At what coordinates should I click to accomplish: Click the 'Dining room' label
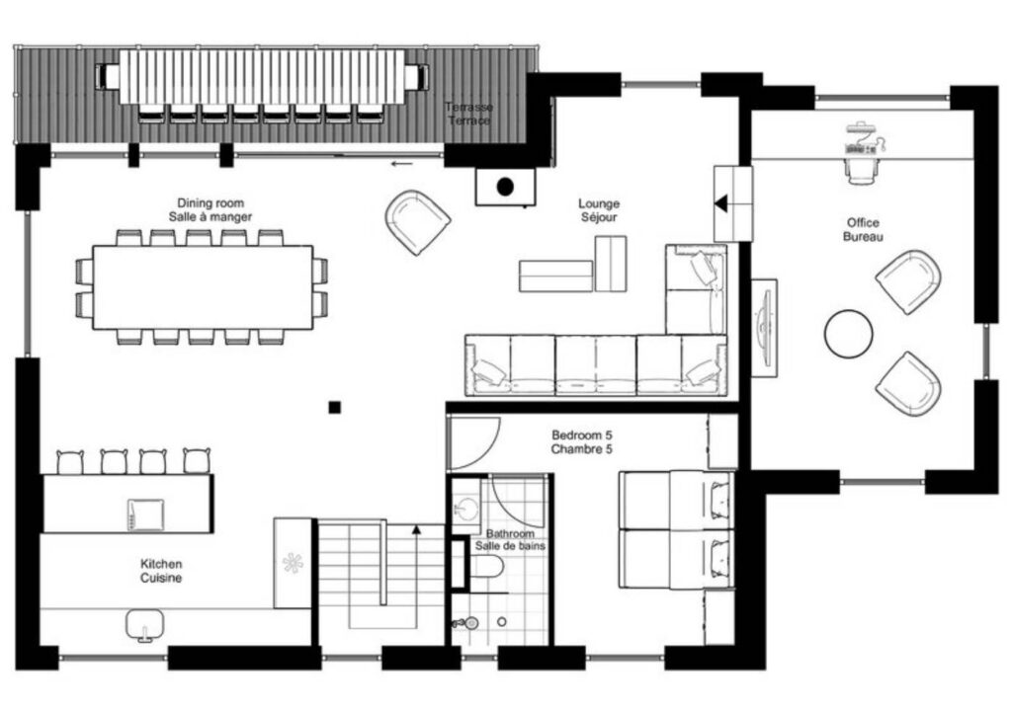coord(211,203)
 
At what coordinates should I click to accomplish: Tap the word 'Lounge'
coord(598,203)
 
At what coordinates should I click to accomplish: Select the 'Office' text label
coord(863,222)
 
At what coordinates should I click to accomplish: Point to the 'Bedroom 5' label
coord(581,436)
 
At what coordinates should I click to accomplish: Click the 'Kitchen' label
coord(161,564)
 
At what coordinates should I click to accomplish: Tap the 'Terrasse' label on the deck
coord(468,107)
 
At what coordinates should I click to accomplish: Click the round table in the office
coord(848,334)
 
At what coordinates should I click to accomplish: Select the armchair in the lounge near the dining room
coord(417,222)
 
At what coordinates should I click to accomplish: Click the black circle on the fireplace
coord(505,187)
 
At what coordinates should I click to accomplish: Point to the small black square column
coord(334,407)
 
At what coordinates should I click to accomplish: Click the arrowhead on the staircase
coord(416,529)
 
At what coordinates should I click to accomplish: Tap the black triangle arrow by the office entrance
coord(720,203)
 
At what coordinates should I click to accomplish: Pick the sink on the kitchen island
coord(145,514)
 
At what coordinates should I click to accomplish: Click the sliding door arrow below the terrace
coord(401,164)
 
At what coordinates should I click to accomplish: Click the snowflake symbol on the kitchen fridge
coord(293,563)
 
